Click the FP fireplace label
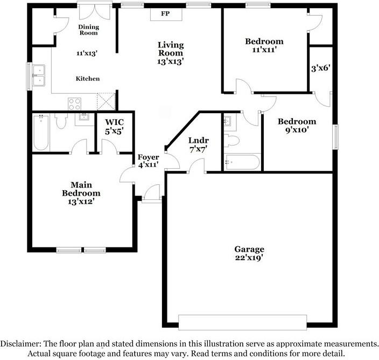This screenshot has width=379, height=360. click(x=165, y=13)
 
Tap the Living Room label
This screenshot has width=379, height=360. click(x=171, y=53)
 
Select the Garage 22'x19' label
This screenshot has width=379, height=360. click(x=249, y=253)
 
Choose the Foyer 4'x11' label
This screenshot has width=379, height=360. click(x=148, y=161)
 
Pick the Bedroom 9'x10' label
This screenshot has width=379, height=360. click(x=297, y=126)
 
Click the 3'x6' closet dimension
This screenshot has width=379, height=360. click(x=320, y=68)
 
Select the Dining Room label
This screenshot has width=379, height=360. click(x=88, y=30)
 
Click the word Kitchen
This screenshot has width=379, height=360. click(x=87, y=79)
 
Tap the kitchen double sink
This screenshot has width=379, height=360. click(x=39, y=75)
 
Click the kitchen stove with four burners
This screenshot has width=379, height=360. click(x=74, y=103)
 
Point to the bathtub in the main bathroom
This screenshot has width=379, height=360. click(x=41, y=133)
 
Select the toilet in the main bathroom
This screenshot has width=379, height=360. click(x=61, y=123)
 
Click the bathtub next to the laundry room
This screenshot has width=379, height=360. click(x=242, y=161)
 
